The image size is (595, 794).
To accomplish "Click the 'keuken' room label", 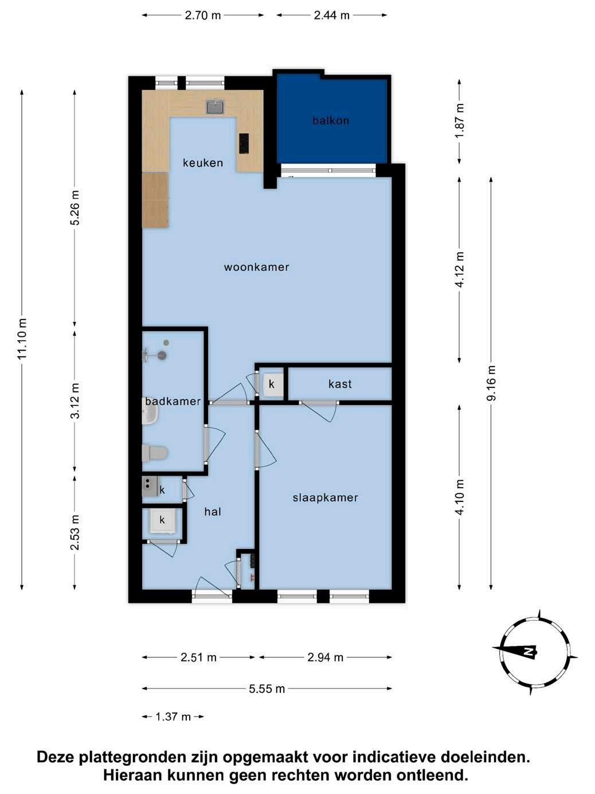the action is point(203,163).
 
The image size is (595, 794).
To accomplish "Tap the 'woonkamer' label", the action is point(256,267).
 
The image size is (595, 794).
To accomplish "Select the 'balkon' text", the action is point(331,120).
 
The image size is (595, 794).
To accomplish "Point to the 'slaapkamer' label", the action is point(325,498).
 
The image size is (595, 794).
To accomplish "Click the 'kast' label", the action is point(340,384).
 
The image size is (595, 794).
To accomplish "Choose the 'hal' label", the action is point(213,512).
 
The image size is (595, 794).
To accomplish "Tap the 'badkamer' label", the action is point(173,401).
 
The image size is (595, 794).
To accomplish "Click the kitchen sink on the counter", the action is point(216,107).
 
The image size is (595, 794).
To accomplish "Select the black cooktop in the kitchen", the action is point(244,143).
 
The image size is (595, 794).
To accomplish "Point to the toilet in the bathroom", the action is point(155,453).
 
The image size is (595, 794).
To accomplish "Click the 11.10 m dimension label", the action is point(22,339).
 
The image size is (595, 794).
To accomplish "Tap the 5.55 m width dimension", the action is point(267,689).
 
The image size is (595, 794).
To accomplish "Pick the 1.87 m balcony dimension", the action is point(460,120).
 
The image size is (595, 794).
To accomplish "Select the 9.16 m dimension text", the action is point(491,383).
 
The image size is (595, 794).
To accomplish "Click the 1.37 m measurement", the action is point(173,717).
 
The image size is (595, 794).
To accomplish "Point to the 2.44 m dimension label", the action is point(332,15).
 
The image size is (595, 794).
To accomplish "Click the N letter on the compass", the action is point(528,652).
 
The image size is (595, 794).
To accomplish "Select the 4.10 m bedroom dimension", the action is point(460,497).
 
